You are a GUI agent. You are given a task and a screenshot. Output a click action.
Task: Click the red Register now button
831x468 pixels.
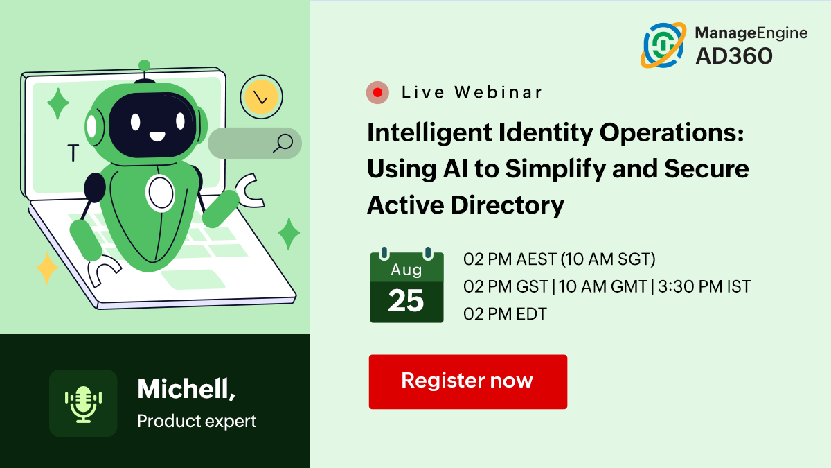pyautogui.click(x=468, y=382)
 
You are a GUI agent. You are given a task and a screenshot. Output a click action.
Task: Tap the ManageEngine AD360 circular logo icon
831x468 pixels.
pyautogui.click(x=663, y=45)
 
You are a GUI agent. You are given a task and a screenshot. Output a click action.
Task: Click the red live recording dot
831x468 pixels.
pyautogui.click(x=377, y=92)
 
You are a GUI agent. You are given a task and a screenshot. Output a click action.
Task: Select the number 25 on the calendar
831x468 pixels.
pyautogui.click(x=406, y=300)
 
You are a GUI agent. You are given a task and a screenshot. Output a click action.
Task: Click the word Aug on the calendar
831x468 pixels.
pyautogui.click(x=406, y=270)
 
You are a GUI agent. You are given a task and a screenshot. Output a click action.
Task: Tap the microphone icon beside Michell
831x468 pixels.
pyautogui.click(x=83, y=404)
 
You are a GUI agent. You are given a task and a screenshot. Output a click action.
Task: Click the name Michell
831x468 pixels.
pyautogui.click(x=186, y=389)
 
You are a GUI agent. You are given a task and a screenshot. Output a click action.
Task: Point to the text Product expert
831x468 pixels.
pyautogui.click(x=197, y=422)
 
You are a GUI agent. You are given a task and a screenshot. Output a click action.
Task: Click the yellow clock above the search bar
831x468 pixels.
pyautogui.click(x=261, y=97)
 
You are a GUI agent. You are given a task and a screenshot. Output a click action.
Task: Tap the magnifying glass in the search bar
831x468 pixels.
pyautogui.click(x=283, y=143)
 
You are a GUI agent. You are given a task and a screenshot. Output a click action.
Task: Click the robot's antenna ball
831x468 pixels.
pyautogui.click(x=144, y=66)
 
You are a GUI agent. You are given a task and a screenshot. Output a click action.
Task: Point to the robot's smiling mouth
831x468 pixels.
pyautogui.click(x=157, y=137)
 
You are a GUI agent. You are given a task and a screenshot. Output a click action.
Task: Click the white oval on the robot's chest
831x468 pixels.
pyautogui.click(x=161, y=193)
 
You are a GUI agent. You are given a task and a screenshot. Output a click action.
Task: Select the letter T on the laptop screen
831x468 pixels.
pyautogui.click(x=73, y=153)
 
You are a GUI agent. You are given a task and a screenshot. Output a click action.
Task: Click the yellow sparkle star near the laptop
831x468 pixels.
pyautogui.click(x=47, y=268)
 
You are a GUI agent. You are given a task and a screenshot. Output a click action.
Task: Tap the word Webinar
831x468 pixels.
pyautogui.click(x=498, y=92)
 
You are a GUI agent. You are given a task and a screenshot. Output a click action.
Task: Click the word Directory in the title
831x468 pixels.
pyautogui.click(x=507, y=205)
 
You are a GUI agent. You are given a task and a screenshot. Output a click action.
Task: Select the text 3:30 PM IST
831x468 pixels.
pyautogui.click(x=704, y=287)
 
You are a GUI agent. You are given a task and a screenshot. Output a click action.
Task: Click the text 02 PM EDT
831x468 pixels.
pyautogui.click(x=505, y=314)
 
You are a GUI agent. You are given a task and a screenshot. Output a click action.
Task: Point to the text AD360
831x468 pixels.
pyautogui.click(x=734, y=56)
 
